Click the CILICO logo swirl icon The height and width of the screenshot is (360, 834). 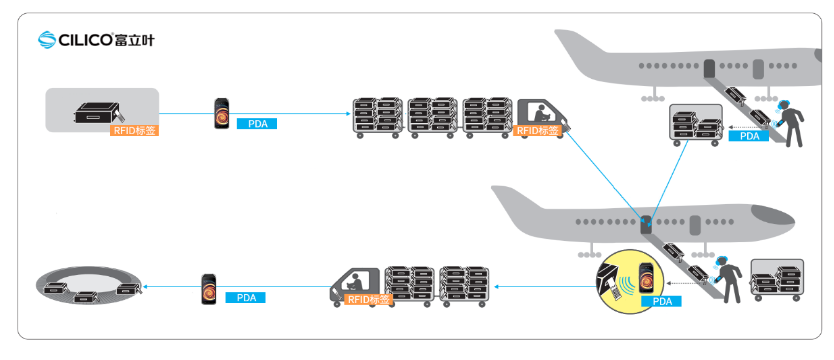point(47,39)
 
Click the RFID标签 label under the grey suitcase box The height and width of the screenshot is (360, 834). point(135,130)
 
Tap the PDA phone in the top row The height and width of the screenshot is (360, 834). point(222,113)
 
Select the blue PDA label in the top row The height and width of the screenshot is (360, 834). point(257,123)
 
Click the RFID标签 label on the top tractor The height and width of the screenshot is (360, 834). point(537,130)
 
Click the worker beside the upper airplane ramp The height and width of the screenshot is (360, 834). point(789,123)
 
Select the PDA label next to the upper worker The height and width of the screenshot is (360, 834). point(748,136)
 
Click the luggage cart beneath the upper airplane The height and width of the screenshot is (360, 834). point(695,123)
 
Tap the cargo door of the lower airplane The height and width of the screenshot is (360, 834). point(646,225)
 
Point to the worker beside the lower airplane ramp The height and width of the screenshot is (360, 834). point(726,279)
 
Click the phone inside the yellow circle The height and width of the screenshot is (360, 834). point(645,276)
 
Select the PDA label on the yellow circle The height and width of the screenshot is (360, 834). point(662,302)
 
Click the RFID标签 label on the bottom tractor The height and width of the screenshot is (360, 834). point(369,299)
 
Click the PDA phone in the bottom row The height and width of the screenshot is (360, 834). point(209,289)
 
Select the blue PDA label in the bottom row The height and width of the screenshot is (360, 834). point(245,298)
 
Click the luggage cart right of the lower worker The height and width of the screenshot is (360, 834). point(777,280)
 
